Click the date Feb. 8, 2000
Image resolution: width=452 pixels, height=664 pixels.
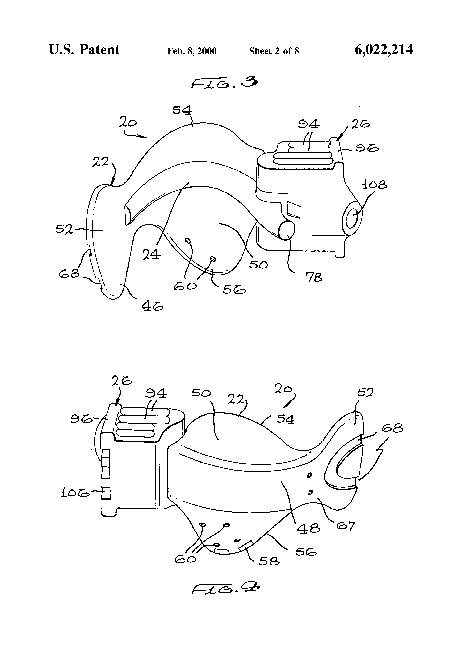[192, 51]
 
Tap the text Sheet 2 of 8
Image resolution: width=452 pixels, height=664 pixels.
[274, 51]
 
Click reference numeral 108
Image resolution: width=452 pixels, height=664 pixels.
[374, 185]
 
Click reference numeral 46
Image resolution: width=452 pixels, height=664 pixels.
[152, 306]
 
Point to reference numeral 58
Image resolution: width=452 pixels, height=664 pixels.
[269, 562]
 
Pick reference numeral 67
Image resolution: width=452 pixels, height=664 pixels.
[345, 526]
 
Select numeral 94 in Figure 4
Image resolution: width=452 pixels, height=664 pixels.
[156, 394]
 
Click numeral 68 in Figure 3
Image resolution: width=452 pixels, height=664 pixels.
[69, 274]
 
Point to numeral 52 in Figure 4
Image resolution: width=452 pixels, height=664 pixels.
[365, 393]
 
